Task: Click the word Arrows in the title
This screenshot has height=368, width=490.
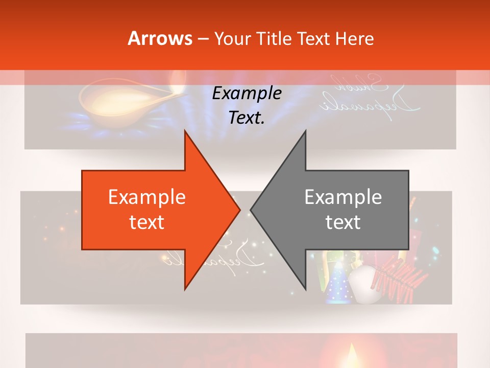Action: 160,38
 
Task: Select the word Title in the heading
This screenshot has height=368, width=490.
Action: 275,39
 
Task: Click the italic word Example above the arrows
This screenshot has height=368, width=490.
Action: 247,94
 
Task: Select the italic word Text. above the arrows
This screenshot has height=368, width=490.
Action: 247,118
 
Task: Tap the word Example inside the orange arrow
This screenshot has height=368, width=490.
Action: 147,197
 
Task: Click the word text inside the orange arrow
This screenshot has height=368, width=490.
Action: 147,222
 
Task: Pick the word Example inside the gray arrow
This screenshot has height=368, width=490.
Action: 343,197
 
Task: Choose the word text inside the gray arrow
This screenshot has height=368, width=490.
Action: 343,222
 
